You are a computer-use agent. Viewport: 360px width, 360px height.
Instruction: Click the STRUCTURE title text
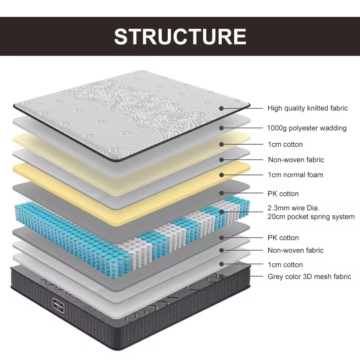180,36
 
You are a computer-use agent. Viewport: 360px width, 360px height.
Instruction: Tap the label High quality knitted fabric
307,108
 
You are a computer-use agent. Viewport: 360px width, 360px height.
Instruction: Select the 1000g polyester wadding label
307,128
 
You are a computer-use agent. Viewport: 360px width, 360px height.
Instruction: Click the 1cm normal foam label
295,175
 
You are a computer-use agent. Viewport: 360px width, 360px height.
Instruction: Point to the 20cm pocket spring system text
311,217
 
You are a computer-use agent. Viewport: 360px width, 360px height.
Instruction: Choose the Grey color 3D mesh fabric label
309,277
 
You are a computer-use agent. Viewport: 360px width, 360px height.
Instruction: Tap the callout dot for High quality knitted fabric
222,108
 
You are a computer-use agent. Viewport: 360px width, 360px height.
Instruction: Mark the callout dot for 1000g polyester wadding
222,128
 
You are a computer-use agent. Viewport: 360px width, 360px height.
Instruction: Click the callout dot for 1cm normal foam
222,175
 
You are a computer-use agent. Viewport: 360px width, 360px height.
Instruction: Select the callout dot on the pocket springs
222,212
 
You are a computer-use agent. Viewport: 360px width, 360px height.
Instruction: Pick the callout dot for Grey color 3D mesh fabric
222,276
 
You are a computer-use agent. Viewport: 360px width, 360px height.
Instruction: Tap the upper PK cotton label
283,194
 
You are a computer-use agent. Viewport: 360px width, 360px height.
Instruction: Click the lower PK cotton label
283,238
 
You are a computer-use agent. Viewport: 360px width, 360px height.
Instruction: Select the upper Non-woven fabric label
296,160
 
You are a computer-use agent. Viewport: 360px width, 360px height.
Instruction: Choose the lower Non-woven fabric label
295,250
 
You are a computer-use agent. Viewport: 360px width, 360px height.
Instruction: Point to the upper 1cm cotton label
285,144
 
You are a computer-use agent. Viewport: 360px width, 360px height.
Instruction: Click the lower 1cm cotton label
285,265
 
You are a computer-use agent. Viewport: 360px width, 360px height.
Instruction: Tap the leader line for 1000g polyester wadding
244,128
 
